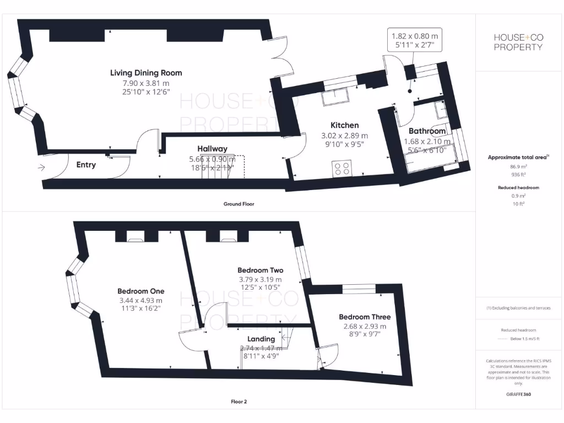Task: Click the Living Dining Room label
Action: pyautogui.click(x=146, y=73)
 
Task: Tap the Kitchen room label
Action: pyautogui.click(x=344, y=125)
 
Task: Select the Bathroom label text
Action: pyautogui.click(x=427, y=131)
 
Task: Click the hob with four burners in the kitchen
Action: pyautogui.click(x=342, y=168)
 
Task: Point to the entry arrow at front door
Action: pyautogui.click(x=42, y=168)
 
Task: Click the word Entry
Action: pyautogui.click(x=86, y=165)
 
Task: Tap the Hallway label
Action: pyautogui.click(x=212, y=149)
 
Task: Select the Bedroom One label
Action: pyautogui.click(x=140, y=291)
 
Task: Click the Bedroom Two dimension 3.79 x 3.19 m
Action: pyautogui.click(x=260, y=279)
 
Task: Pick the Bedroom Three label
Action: pyautogui.click(x=365, y=317)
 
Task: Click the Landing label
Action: pyautogui.click(x=261, y=339)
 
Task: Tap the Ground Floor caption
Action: pyautogui.click(x=238, y=204)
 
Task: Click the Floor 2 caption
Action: pyautogui.click(x=238, y=402)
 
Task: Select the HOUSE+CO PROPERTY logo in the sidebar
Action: pyautogui.click(x=518, y=42)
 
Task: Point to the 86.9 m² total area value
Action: pyautogui.click(x=518, y=165)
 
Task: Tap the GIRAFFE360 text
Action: pyautogui.click(x=518, y=394)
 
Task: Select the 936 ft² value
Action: pyautogui.click(x=518, y=173)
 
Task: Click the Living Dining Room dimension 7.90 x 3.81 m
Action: pyautogui.click(x=146, y=83)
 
